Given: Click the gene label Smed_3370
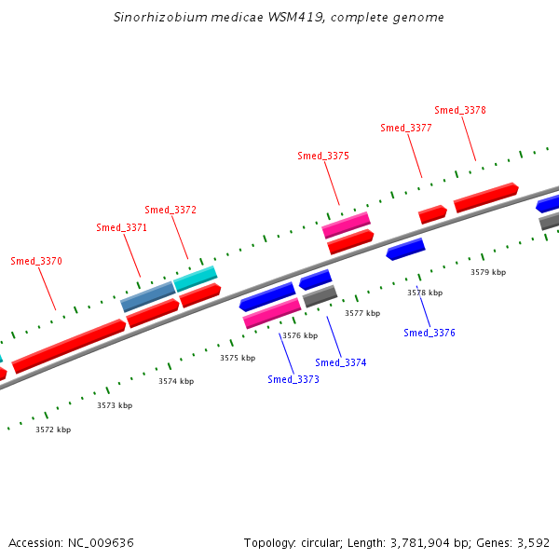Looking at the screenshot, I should (36, 261).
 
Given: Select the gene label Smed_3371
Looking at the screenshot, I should (122, 227).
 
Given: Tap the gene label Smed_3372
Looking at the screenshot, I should (170, 210).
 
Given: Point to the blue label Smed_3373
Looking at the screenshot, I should (293, 379).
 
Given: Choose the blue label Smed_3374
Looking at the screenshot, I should (341, 362).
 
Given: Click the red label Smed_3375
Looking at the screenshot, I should (323, 156).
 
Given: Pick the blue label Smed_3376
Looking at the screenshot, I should (429, 333).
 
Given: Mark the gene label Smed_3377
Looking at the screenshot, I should (406, 128).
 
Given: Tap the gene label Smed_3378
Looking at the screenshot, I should (460, 110).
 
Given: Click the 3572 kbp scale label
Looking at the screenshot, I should (53, 429).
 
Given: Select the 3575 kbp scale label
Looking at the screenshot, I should (238, 358).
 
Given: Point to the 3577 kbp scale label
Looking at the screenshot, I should (362, 314).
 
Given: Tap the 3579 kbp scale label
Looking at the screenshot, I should (488, 272).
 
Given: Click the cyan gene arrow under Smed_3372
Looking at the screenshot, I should (196, 278).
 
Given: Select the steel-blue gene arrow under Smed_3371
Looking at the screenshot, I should (148, 297).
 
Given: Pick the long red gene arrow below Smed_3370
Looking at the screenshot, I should (69, 345).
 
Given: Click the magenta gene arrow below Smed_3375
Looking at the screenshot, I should (346, 225).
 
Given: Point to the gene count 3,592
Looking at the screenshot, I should (534, 542).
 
